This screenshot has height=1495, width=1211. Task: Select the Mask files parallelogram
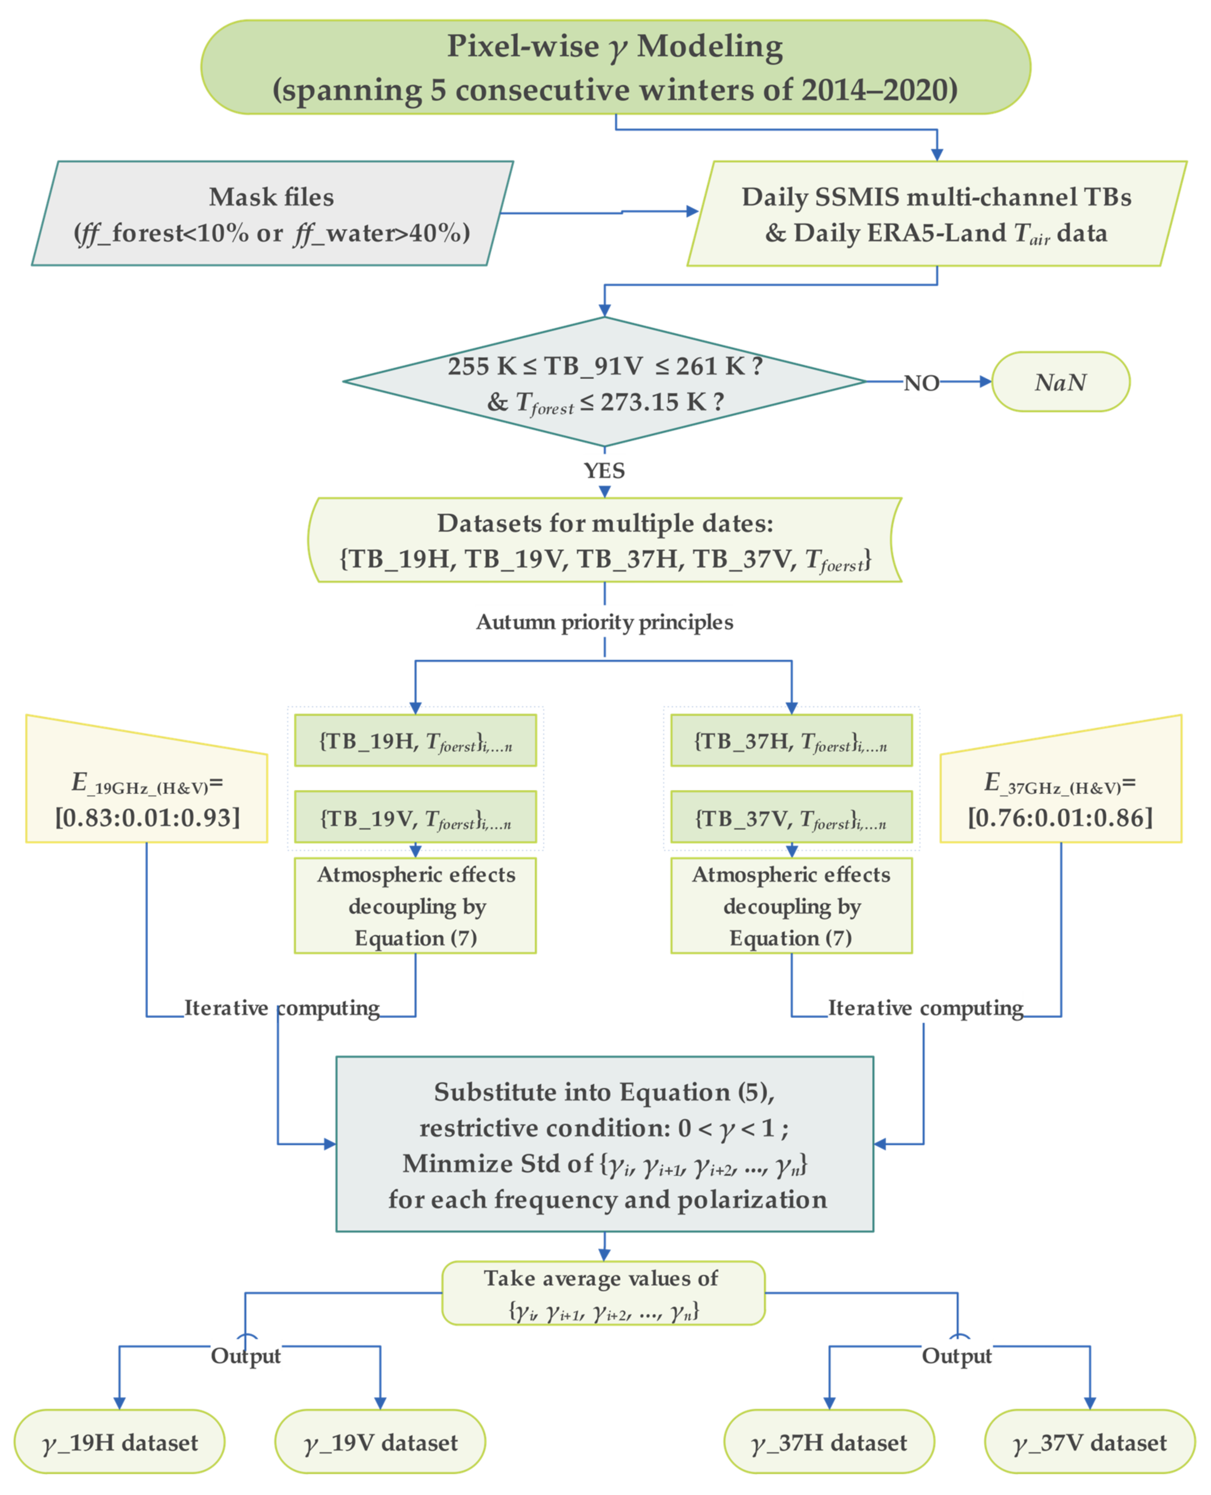(272, 213)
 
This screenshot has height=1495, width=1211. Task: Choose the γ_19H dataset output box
(119, 1441)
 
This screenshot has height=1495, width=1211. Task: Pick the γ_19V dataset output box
(380, 1441)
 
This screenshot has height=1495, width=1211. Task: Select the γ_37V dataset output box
(1090, 1441)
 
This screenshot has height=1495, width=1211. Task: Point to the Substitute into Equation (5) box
(604, 1144)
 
